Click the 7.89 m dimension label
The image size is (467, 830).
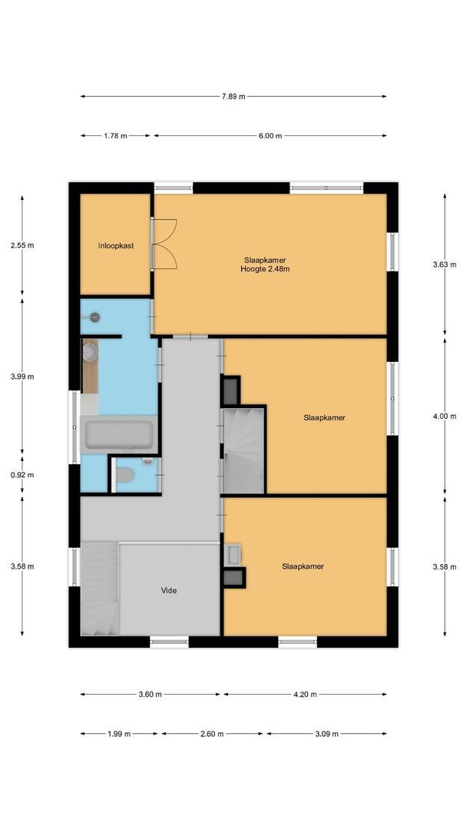[233, 97]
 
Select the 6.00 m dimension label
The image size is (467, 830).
[270, 136]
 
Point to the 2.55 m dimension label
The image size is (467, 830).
[22, 246]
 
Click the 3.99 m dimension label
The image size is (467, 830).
[22, 377]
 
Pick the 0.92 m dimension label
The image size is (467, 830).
[22, 475]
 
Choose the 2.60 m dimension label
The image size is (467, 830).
[211, 734]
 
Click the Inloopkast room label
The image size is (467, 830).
[116, 246]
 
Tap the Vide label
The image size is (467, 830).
[169, 590]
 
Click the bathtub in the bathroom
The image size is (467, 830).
[119, 435]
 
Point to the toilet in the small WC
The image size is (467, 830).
[124, 474]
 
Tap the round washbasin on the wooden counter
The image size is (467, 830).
[91, 353]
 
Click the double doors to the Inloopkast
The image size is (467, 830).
[164, 244]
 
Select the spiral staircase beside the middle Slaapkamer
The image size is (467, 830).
[243, 450]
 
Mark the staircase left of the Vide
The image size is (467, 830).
[99, 588]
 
